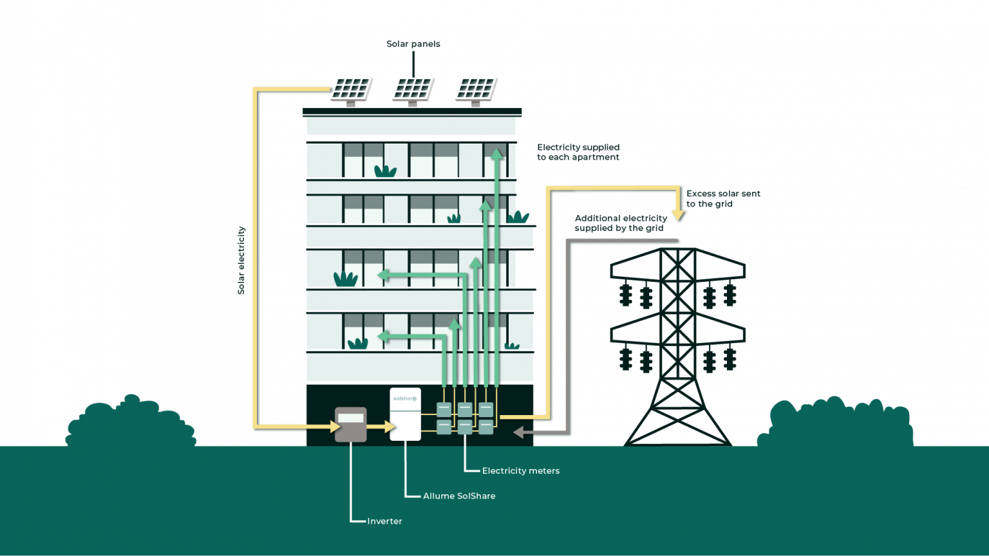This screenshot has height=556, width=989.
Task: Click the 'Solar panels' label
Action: (413, 44)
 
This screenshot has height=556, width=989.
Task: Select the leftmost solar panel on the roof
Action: (352, 91)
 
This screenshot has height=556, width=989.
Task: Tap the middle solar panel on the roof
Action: (413, 91)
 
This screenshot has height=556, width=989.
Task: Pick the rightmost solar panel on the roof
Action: (476, 91)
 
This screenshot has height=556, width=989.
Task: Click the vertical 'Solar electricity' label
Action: (241, 261)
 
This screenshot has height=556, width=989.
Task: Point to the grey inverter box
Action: (350, 425)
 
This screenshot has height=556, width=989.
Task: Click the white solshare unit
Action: (405, 414)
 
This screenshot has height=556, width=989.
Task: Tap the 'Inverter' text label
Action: (384, 521)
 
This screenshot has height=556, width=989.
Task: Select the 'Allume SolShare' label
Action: (459, 496)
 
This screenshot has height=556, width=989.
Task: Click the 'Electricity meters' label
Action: (521, 471)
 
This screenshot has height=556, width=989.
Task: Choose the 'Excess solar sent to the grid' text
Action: (723, 199)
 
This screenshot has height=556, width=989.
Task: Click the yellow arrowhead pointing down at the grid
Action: (678, 216)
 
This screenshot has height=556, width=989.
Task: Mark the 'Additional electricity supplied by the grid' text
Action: (621, 223)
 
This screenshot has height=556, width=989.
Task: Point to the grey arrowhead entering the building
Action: (518, 432)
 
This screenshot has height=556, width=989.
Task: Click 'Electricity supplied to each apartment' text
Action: (578, 153)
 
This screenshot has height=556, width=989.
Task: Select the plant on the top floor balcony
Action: (386, 171)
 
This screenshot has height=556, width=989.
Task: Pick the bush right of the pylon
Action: (835, 422)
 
